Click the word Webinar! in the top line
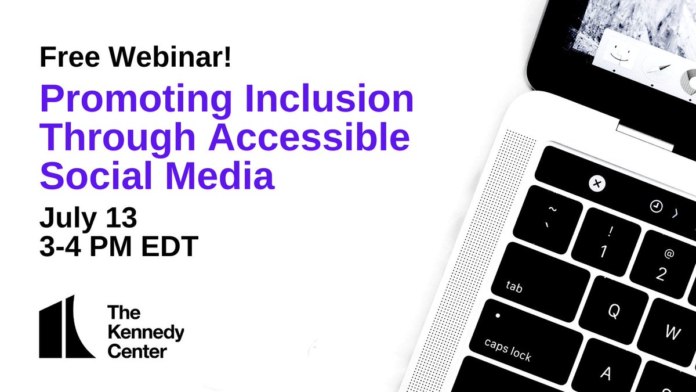click(170, 57)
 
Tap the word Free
click(70, 57)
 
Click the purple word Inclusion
click(329, 98)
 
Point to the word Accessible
click(310, 136)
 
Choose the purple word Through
click(117, 139)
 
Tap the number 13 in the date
click(121, 217)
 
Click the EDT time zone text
click(169, 246)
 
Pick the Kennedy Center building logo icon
click(67, 326)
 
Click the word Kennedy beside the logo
click(146, 333)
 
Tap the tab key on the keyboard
click(541, 282)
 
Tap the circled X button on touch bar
click(597, 184)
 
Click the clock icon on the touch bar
click(656, 206)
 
